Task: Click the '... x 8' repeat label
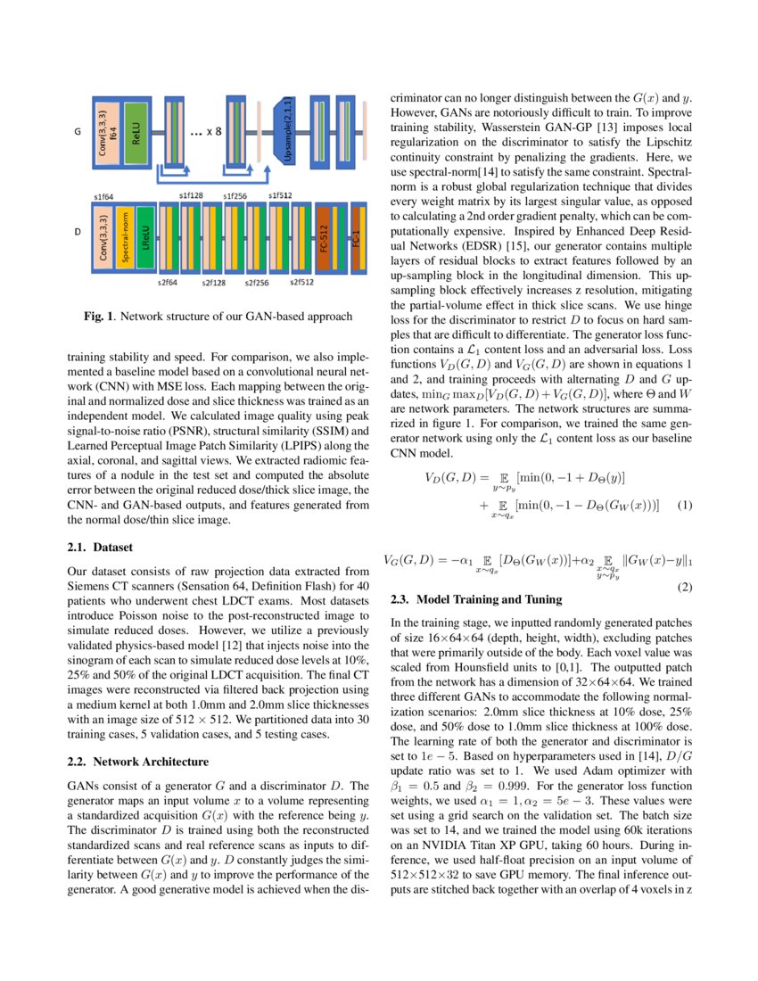coord(207,134)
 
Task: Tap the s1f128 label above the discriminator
coord(190,194)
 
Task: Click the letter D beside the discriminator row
coord(77,238)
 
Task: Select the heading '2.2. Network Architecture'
coord(137,762)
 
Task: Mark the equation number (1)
coord(684,506)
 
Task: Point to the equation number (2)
coord(684,588)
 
